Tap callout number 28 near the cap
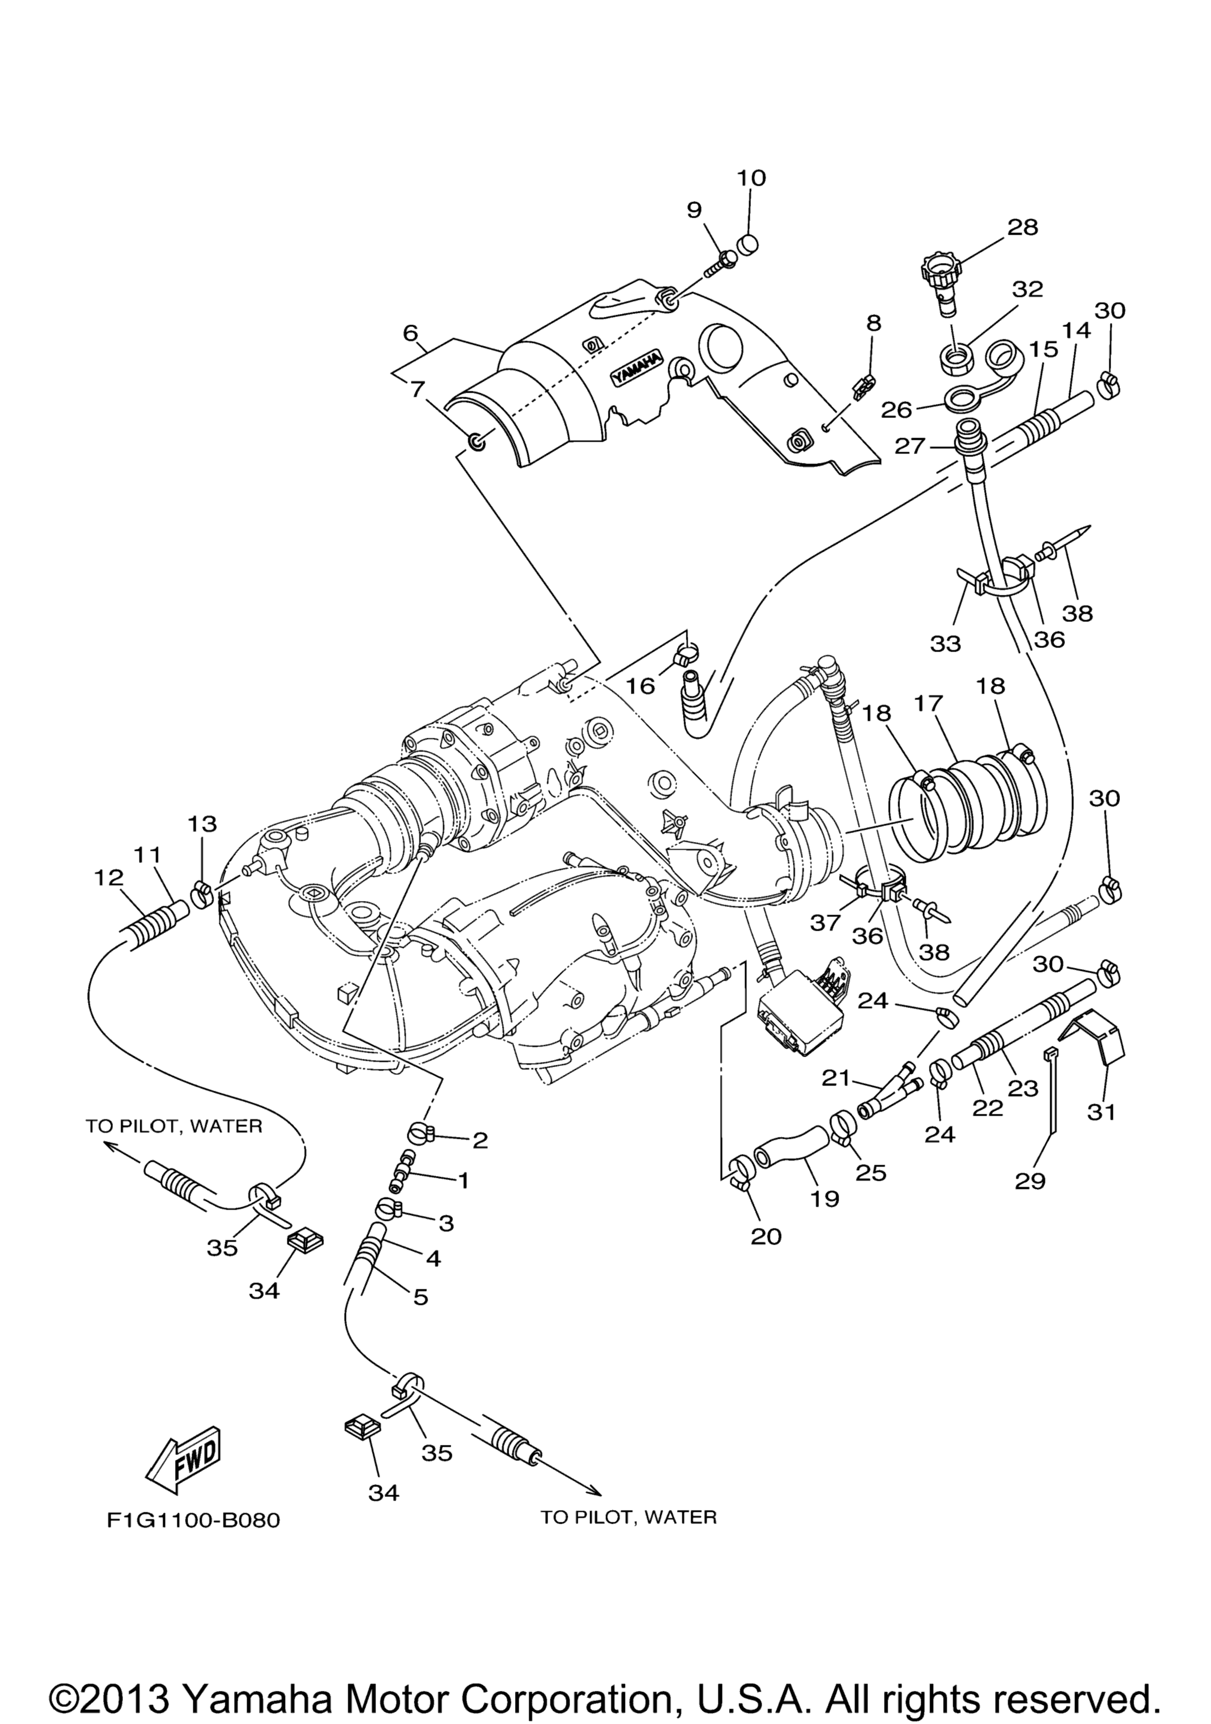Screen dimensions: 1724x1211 coord(1022,227)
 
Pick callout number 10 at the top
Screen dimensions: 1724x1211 coord(751,178)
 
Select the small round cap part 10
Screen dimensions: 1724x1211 coord(749,244)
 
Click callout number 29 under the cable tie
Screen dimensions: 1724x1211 coord(1029,1181)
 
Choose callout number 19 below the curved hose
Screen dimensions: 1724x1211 coord(824,1198)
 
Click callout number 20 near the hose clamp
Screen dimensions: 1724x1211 coord(766,1236)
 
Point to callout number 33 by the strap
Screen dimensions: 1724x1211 coord(946,643)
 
